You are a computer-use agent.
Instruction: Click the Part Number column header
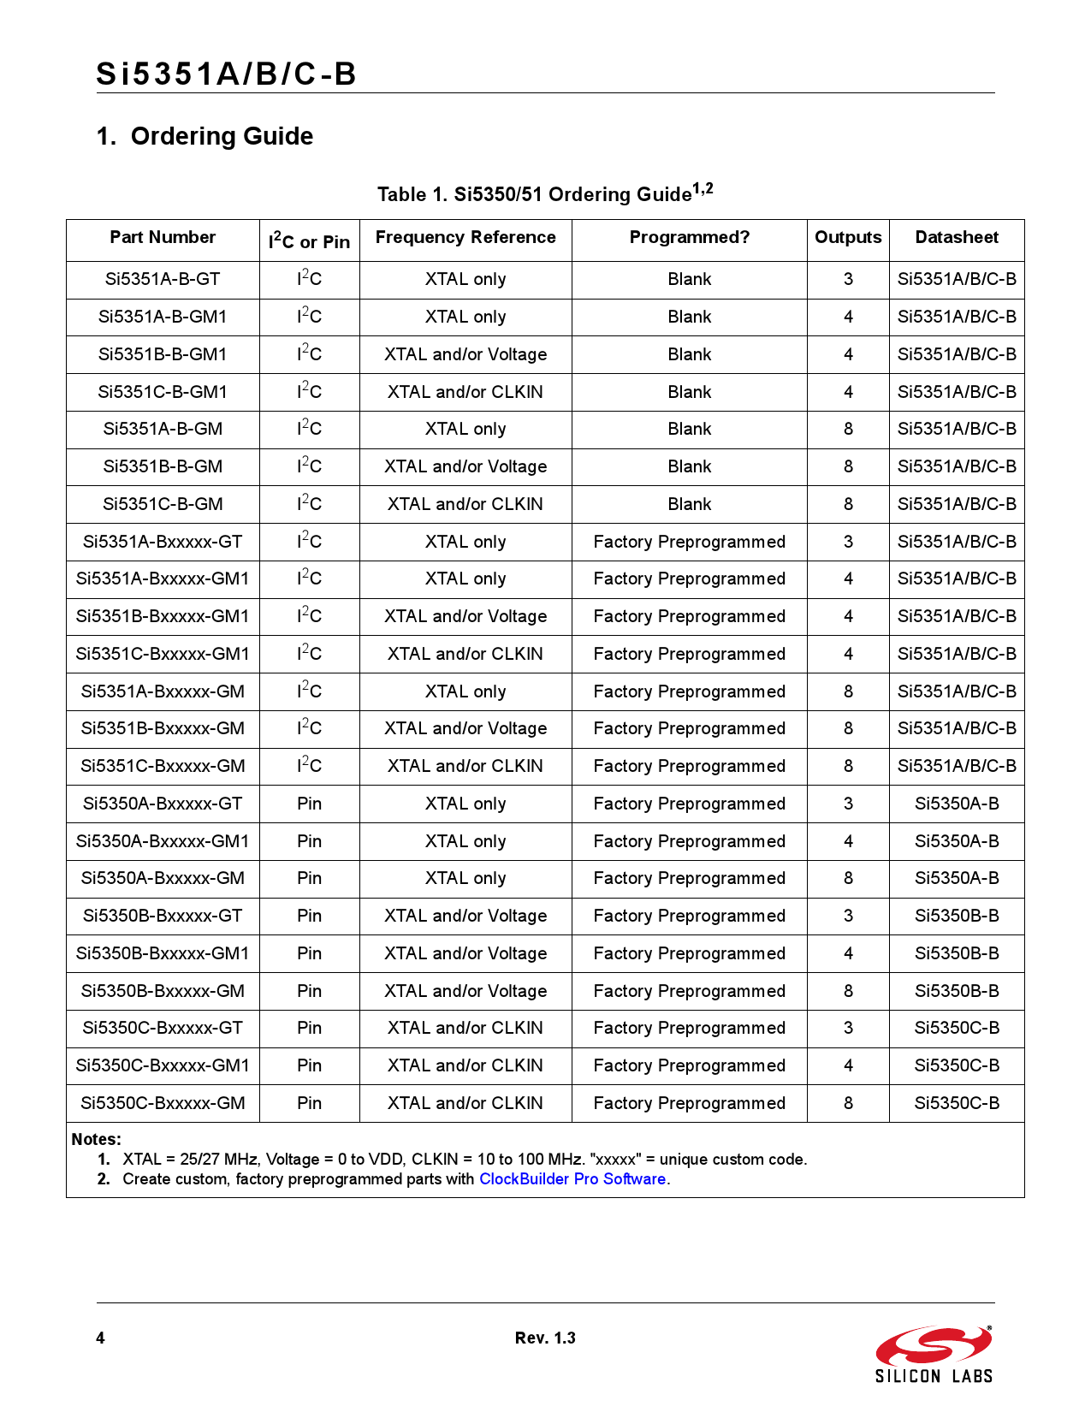click(x=163, y=238)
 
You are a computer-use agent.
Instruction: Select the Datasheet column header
click(x=957, y=238)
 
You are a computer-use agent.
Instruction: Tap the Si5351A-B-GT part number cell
click(x=163, y=280)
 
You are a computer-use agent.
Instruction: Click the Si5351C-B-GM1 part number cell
click(x=163, y=392)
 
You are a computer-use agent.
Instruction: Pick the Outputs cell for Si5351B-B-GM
click(x=848, y=467)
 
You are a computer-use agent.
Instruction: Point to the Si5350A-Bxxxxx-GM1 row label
click(x=163, y=841)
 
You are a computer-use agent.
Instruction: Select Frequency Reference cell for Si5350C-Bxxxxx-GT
click(x=465, y=1029)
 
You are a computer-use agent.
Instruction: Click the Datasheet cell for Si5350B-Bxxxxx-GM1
click(x=957, y=953)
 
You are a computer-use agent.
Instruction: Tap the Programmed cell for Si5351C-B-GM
click(x=690, y=505)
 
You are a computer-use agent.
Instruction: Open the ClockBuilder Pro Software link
click(x=572, y=1179)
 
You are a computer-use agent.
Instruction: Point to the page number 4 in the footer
click(x=101, y=1338)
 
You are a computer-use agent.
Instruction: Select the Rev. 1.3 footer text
click(x=545, y=1338)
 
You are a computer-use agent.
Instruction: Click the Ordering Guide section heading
click(x=205, y=137)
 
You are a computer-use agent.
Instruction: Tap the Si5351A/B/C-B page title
click(x=226, y=74)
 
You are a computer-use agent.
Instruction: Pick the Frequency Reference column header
click(x=465, y=238)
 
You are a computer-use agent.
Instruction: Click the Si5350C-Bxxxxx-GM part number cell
click(x=163, y=1104)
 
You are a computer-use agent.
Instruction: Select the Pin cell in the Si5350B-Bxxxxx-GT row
click(x=309, y=917)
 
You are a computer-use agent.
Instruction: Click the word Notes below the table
click(x=96, y=1140)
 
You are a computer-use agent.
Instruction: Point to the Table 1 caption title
click(x=545, y=193)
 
